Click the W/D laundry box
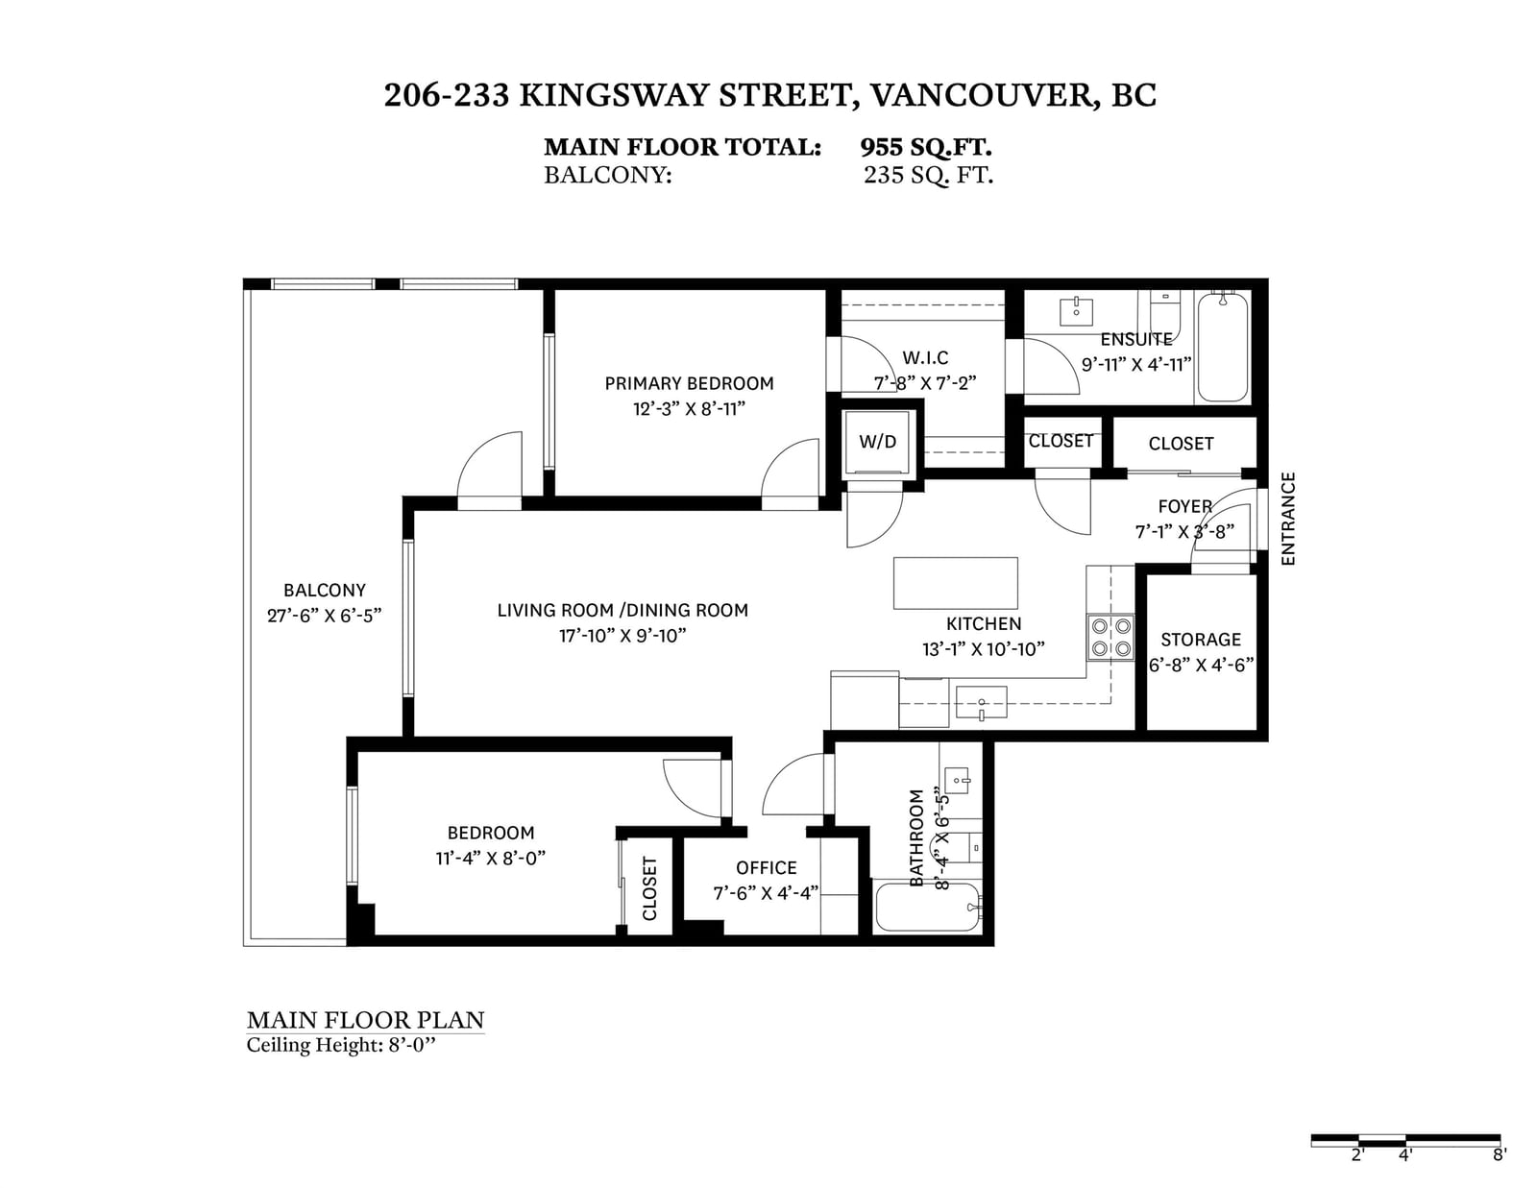pos(877,442)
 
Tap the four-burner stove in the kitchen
pos(1110,637)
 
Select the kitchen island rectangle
pos(955,583)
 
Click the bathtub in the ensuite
pos(1222,348)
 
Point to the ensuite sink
pos(1076,311)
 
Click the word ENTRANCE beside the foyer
pos(1288,519)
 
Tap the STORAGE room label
pos(1201,640)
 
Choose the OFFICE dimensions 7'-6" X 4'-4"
pos(766,893)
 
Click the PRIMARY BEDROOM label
pos(689,383)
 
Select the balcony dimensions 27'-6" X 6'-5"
pos(324,616)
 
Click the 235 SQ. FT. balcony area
pos(928,175)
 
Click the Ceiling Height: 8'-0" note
pos(340,1045)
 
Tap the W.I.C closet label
pos(925,357)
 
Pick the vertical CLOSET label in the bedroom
pos(649,888)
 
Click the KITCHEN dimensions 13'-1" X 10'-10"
pos(983,648)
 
